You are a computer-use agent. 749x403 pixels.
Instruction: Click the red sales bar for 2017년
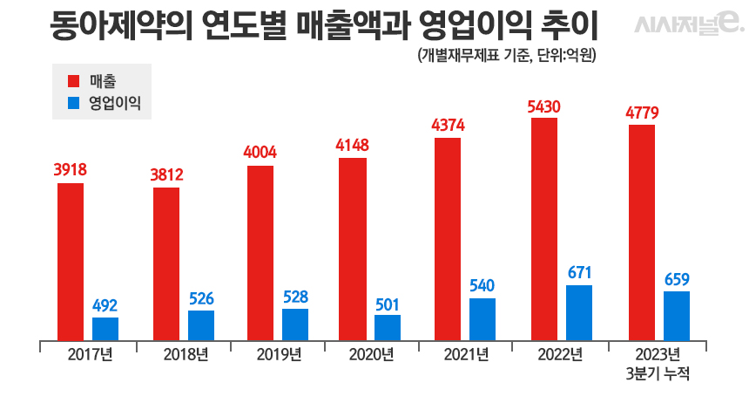(71, 262)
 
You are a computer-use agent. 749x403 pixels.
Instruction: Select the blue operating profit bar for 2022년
(579, 312)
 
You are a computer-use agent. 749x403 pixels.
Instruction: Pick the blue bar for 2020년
(388, 327)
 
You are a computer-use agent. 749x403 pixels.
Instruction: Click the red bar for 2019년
(260, 253)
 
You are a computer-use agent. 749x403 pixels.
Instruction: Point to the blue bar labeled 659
(677, 316)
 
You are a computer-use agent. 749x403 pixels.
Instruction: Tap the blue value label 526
(201, 297)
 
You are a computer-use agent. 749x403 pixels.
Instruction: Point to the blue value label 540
(482, 285)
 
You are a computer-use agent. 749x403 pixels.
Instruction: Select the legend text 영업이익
(115, 102)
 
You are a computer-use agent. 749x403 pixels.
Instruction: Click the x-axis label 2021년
(467, 354)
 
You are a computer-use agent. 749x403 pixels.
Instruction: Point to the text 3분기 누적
(658, 373)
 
